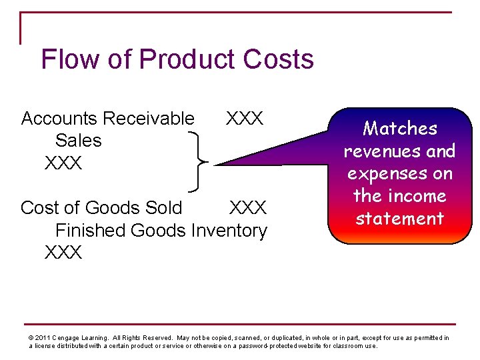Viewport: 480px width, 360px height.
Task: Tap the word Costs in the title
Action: click(278, 59)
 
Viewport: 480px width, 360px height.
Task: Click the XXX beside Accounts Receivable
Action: click(245, 119)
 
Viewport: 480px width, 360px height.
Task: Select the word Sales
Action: click(79, 141)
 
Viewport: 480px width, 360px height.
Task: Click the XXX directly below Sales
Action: click(63, 163)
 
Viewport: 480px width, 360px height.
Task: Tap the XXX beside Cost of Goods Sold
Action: click(248, 208)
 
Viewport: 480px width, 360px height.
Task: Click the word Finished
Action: click(91, 231)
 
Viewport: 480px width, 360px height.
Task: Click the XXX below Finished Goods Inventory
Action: click(63, 253)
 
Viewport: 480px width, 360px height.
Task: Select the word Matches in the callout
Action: click(399, 129)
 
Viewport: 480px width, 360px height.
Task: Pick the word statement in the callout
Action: click(399, 219)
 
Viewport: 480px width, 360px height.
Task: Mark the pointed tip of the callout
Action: click(217, 164)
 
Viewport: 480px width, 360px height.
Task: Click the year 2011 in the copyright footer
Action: click(43, 338)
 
